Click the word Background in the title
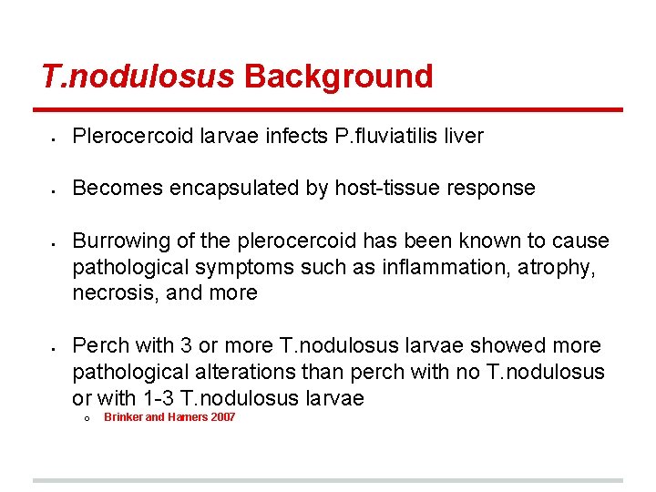338,77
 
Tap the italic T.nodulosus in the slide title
138,77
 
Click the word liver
465,137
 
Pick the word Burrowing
117,241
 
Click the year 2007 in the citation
221,417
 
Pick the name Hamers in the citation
186,417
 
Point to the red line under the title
327,110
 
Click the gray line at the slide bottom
327,480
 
